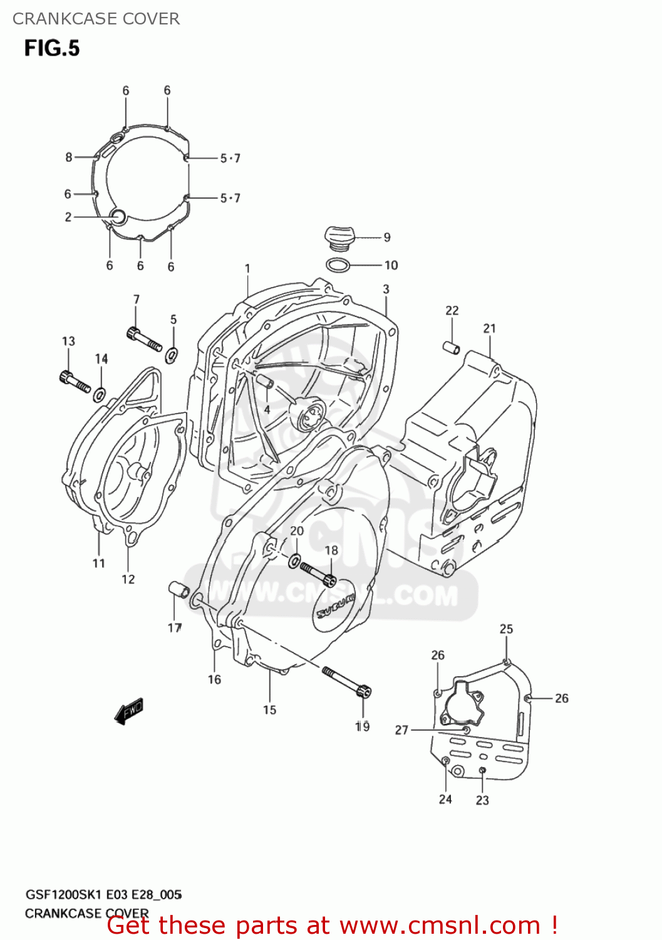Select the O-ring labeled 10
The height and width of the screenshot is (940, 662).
tap(338, 265)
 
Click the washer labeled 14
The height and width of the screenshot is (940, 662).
tap(99, 395)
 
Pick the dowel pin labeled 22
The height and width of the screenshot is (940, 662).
tap(452, 347)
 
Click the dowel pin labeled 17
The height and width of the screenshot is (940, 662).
tap(178, 589)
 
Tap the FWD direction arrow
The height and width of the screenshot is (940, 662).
tap(129, 712)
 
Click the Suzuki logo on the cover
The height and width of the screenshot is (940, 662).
tap(335, 604)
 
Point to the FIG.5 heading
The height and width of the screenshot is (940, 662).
tap(52, 48)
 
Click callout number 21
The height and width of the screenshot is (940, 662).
tap(490, 328)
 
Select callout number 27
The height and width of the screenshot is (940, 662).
tap(401, 730)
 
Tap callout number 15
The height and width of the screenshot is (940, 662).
tap(269, 710)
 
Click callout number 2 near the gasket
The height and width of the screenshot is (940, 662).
tap(68, 217)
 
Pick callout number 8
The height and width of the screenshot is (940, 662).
tap(69, 157)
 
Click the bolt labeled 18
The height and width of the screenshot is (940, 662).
tap(319, 573)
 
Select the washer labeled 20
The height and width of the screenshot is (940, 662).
tap(294, 560)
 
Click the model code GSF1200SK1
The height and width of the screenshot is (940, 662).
tap(65, 895)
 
